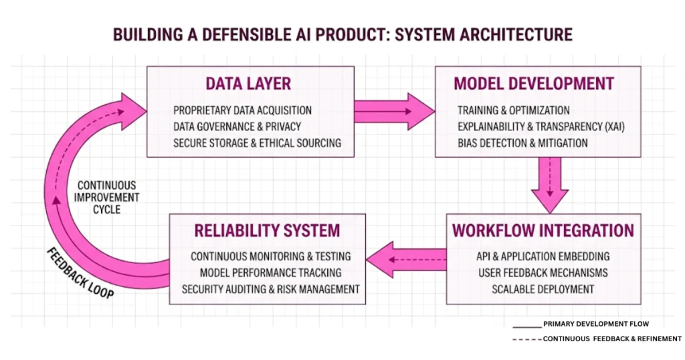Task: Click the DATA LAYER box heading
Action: [248, 84]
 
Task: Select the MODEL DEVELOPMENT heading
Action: [533, 84]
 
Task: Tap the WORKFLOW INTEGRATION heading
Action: [543, 231]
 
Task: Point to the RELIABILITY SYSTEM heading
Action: [267, 231]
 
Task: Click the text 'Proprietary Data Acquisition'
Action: [242, 110]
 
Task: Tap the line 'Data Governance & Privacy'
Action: [237, 126]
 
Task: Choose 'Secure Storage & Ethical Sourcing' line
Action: [257, 143]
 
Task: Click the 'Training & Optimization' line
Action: [514, 110]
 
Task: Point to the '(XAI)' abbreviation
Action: [613, 126]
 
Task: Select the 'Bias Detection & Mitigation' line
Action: [522, 143]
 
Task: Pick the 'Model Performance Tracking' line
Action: [270, 273]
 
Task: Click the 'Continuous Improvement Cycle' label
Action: [107, 197]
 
